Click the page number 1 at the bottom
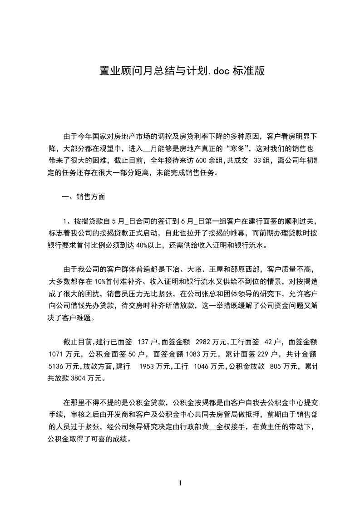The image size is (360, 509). point(180,483)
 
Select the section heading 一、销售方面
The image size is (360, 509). point(84,197)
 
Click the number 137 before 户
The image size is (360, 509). point(143,342)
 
